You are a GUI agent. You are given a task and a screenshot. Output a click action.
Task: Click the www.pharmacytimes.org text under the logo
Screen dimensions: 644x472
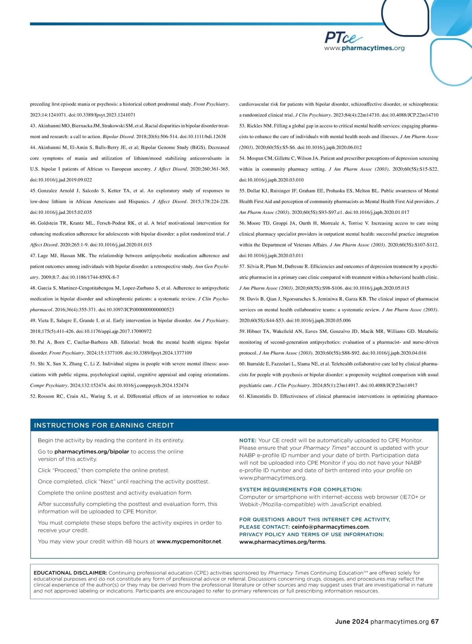[364, 48]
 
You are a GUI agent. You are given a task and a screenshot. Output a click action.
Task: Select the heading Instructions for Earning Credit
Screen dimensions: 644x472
[104, 425]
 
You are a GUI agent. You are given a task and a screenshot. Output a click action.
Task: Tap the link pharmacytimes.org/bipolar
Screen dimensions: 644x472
[92, 452]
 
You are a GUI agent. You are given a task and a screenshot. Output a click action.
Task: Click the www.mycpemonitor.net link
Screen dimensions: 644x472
[189, 541]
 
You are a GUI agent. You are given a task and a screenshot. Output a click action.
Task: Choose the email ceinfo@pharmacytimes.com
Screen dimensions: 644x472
[330, 527]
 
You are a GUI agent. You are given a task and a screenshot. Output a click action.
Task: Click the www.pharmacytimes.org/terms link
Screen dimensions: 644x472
[282, 542]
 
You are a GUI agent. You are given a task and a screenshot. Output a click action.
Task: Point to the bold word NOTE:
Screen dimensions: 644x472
[248, 440]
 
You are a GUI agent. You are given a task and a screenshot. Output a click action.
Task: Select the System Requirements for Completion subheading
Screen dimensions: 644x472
[301, 489]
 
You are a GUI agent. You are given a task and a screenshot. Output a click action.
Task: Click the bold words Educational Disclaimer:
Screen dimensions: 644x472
[70, 573]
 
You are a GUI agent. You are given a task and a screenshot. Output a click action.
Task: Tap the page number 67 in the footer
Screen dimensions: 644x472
[435, 622]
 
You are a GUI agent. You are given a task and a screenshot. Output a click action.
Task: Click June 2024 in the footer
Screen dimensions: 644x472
[352, 622]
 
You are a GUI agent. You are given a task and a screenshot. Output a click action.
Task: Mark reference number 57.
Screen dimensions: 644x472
[242, 267]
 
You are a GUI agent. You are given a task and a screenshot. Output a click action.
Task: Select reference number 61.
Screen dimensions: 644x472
[242, 396]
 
